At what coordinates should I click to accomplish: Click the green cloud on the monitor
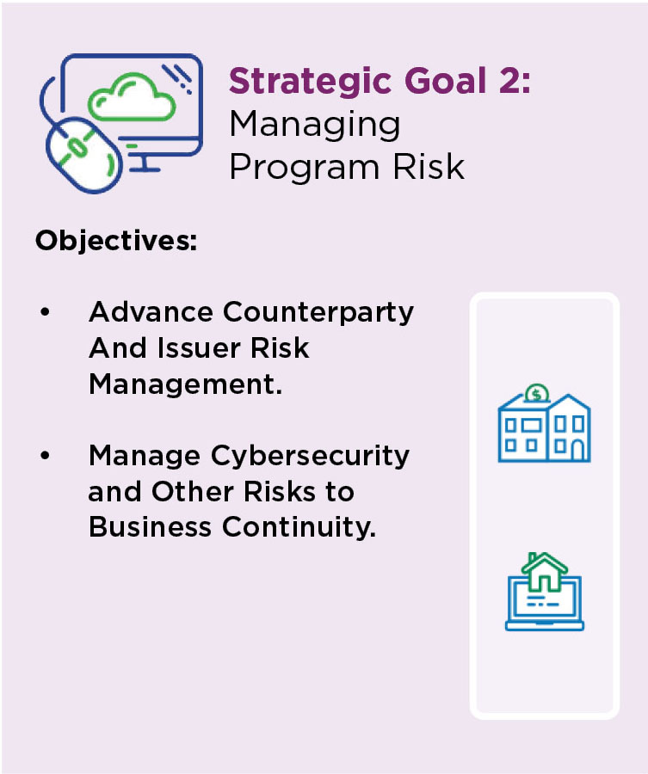click(132, 96)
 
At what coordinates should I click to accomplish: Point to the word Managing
click(315, 126)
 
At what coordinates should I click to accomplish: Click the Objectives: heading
click(116, 242)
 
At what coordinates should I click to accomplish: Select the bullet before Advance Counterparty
click(45, 312)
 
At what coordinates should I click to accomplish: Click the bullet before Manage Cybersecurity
click(45, 456)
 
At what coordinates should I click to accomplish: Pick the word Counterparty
click(318, 313)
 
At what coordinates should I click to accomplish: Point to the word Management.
click(186, 384)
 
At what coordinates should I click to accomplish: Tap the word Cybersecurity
click(310, 457)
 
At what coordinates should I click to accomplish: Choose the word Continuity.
click(299, 526)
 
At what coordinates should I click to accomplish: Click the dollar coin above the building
click(536, 394)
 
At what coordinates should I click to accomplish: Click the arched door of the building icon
click(577, 450)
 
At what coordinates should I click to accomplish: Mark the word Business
click(151, 526)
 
